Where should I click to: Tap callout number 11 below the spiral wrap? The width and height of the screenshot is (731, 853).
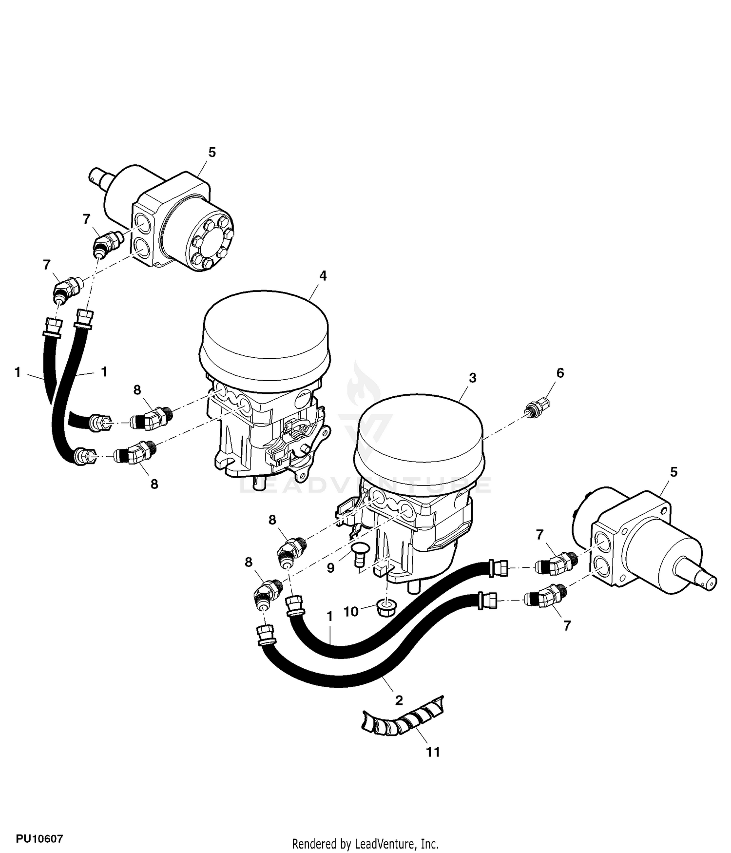[433, 752]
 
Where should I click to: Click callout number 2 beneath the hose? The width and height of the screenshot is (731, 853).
[399, 701]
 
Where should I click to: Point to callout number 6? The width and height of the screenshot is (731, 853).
[560, 373]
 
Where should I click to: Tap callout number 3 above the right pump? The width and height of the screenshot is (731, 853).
[472, 378]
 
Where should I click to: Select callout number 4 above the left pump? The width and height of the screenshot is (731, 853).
[323, 275]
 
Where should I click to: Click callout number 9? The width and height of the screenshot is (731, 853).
[330, 568]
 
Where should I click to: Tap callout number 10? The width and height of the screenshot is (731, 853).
[351, 611]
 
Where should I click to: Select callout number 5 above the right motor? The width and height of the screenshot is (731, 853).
[673, 472]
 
